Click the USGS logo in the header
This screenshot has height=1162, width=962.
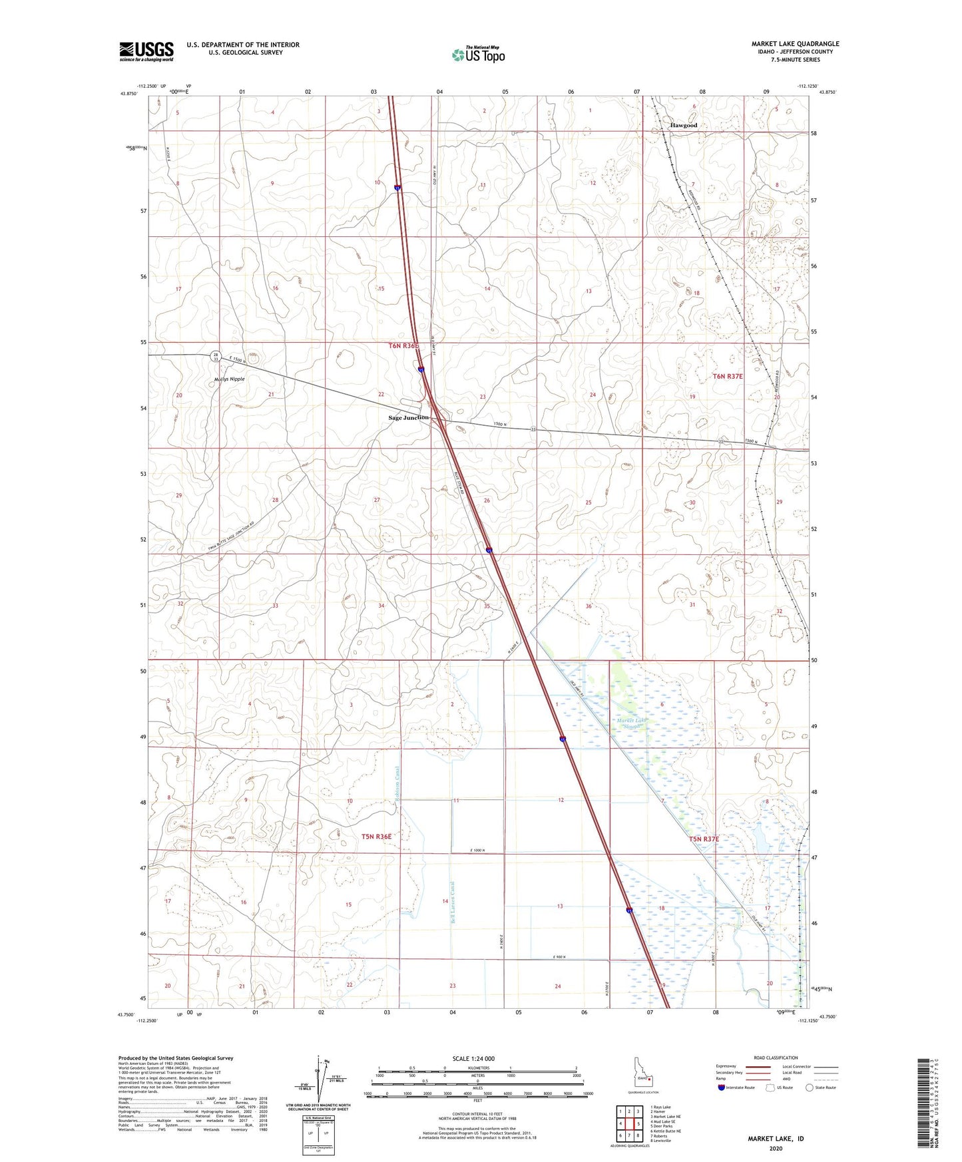(x=146, y=51)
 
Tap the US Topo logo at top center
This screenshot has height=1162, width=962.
(x=477, y=54)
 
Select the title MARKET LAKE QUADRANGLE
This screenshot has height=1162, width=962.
(x=795, y=44)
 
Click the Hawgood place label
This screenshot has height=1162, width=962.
(x=684, y=125)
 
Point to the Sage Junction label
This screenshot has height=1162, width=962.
(x=408, y=417)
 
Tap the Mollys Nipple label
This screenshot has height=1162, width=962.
(x=229, y=379)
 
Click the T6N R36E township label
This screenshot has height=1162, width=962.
(x=403, y=346)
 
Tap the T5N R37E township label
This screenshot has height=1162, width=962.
(x=704, y=839)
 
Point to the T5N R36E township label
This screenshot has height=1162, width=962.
(x=376, y=837)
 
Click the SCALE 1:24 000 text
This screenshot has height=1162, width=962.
(x=473, y=1058)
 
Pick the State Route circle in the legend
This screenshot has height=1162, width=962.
(x=810, y=1087)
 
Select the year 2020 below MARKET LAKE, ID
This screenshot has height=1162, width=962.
(x=776, y=1148)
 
